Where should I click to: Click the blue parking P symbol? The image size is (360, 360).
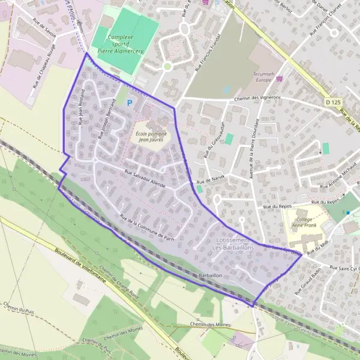129,103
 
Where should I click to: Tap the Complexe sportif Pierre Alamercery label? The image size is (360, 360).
124,44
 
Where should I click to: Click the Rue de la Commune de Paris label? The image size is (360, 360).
146,226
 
